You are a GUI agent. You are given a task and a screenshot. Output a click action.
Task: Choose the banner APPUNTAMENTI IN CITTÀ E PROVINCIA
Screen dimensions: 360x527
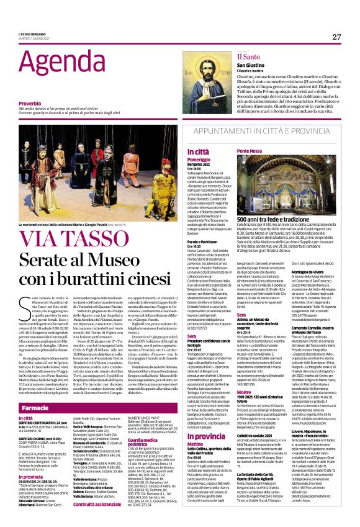(x=263, y=133)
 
